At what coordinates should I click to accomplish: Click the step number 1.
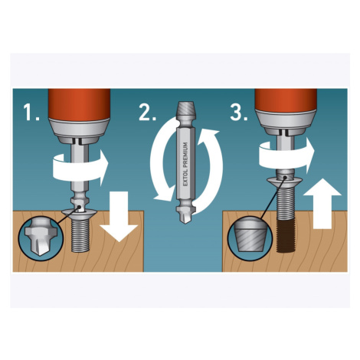31,113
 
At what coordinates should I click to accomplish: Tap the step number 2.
147,113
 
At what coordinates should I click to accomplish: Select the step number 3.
239,113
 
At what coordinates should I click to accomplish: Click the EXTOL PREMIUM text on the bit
185,164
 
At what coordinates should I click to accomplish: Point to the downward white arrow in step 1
119,217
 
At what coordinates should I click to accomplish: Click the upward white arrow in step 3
322,204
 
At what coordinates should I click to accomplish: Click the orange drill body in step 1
79,104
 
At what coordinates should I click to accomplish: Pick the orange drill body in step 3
286,100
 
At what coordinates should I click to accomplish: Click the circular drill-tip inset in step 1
40,238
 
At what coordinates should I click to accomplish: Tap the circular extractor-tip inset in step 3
250,238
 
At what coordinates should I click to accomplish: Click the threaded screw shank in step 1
80,235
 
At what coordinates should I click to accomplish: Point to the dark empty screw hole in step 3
286,236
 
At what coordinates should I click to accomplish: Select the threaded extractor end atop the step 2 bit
186,108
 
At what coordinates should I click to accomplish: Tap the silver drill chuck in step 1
79,131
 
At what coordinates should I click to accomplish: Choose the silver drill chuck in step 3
286,122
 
